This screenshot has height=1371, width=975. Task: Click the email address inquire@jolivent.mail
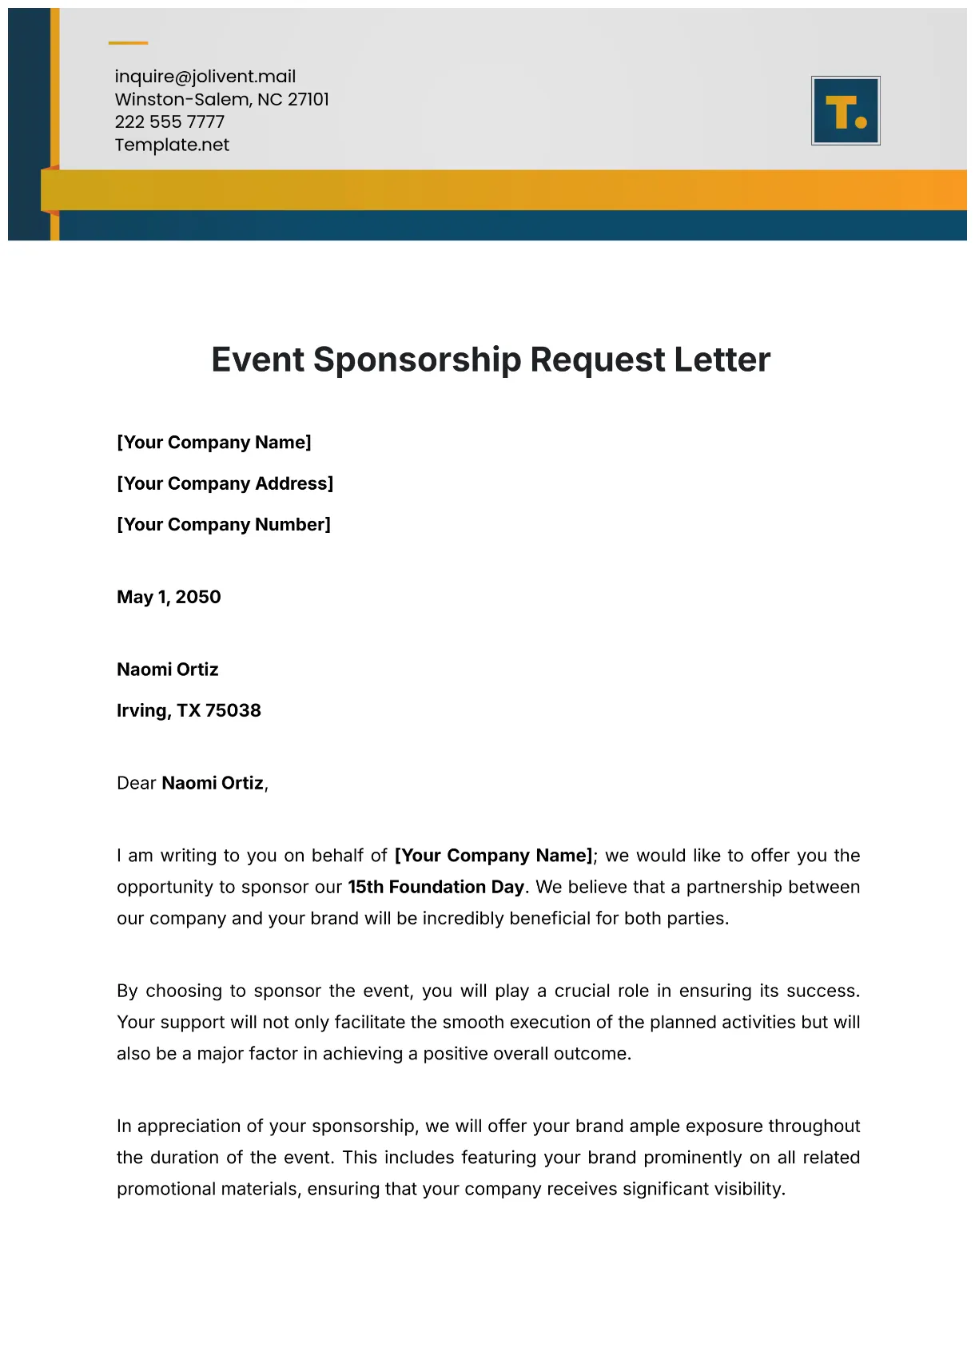(x=205, y=77)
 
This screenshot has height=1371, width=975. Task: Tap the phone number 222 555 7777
(x=169, y=122)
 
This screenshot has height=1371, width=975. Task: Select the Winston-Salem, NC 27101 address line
(x=221, y=100)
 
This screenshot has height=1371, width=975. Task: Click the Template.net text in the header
(x=172, y=145)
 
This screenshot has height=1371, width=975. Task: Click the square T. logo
(x=846, y=111)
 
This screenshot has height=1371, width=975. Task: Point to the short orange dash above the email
(x=128, y=43)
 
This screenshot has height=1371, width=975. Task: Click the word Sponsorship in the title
(x=416, y=360)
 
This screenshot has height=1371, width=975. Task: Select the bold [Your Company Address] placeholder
(x=225, y=483)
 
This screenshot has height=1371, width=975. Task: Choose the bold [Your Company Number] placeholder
(x=223, y=525)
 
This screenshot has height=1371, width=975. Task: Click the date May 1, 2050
(x=169, y=598)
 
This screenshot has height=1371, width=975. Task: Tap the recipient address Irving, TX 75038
(x=189, y=711)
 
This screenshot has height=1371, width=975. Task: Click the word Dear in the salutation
(x=136, y=784)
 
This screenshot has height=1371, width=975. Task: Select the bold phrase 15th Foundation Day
(x=436, y=888)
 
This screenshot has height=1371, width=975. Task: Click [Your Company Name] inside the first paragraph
(x=493, y=856)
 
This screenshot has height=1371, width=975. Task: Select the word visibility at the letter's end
(x=748, y=1190)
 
